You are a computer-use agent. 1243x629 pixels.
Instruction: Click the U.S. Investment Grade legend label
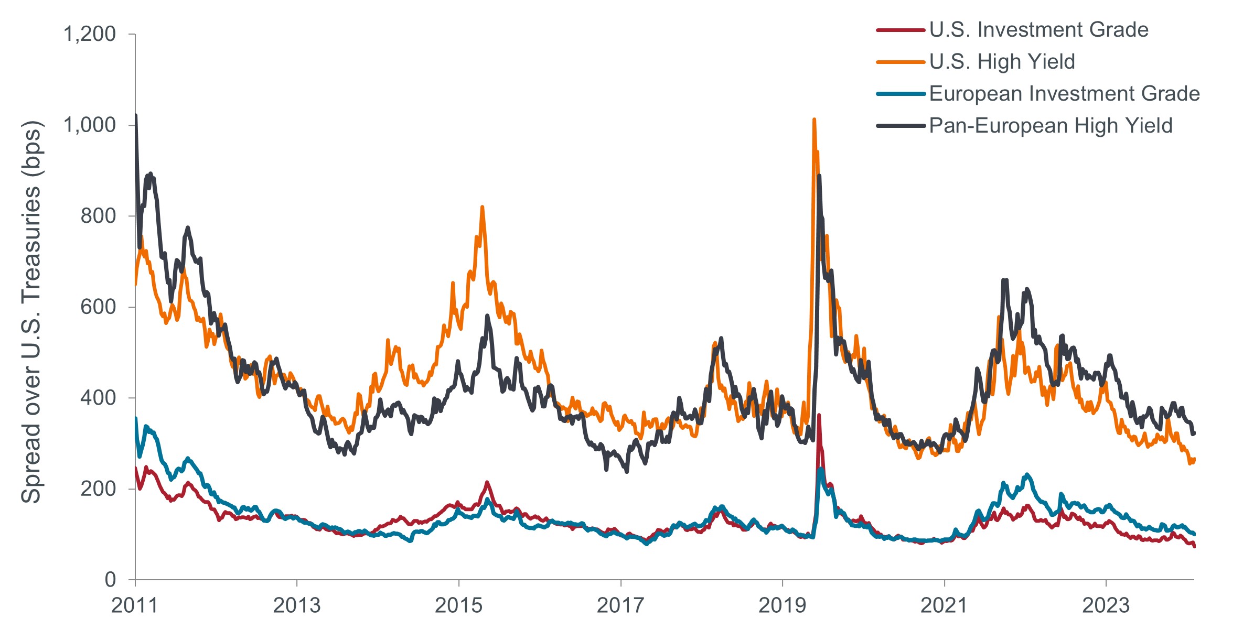click(x=1038, y=30)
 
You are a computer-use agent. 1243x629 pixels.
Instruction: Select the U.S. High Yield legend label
click(x=1002, y=62)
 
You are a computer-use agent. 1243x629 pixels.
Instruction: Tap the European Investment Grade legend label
click(x=1064, y=94)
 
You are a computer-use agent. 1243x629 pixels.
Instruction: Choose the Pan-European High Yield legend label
click(x=1051, y=126)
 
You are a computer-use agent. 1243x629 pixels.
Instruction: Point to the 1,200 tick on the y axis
click(x=89, y=34)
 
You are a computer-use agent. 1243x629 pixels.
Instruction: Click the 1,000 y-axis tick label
click(x=89, y=125)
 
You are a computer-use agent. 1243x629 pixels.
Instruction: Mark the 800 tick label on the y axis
click(x=98, y=216)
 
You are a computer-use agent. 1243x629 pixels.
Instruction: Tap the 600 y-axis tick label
click(x=98, y=307)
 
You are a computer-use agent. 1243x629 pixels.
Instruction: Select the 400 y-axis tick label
click(x=98, y=398)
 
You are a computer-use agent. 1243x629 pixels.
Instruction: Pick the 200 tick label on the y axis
click(x=98, y=489)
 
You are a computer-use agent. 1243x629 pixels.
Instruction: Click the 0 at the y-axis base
click(x=110, y=579)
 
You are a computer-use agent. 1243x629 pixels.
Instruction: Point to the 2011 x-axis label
click(x=135, y=605)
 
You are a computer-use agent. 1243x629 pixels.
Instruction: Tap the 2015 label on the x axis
click(x=458, y=605)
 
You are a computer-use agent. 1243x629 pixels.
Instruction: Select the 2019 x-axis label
click(x=782, y=605)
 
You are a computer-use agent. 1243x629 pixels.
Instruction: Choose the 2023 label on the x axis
click(x=1106, y=605)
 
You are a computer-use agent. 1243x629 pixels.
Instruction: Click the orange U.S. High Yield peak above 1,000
click(x=813, y=120)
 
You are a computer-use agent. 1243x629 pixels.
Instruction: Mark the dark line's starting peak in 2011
click(x=136, y=115)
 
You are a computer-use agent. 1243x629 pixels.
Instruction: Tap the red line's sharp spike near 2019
click(x=818, y=416)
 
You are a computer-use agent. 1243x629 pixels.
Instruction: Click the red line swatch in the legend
click(x=900, y=30)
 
